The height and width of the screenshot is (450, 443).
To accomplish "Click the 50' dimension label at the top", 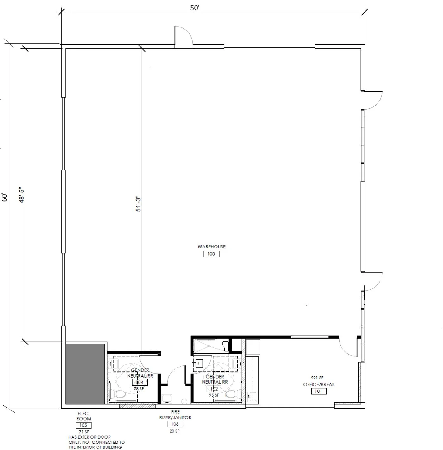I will point(195,8).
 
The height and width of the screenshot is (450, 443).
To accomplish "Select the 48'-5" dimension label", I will point(22,196).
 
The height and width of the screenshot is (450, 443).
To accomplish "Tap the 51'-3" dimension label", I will point(139,204).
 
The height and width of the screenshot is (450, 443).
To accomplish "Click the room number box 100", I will point(211,254).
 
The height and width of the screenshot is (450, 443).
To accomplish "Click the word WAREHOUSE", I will point(211,246).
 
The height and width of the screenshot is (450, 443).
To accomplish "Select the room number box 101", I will point(319,391).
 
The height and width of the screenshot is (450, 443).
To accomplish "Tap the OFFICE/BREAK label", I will point(319,384).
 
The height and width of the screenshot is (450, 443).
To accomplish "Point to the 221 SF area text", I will point(317,378).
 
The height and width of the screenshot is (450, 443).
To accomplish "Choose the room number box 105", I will point(83,425).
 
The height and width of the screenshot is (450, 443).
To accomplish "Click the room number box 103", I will point(175,424).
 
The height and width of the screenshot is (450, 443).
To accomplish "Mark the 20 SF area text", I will point(175,431).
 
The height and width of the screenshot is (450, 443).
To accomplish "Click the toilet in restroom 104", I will point(120,394).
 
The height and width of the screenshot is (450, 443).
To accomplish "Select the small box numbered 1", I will point(199,363).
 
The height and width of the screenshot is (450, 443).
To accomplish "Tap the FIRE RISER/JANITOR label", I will point(175,415).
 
